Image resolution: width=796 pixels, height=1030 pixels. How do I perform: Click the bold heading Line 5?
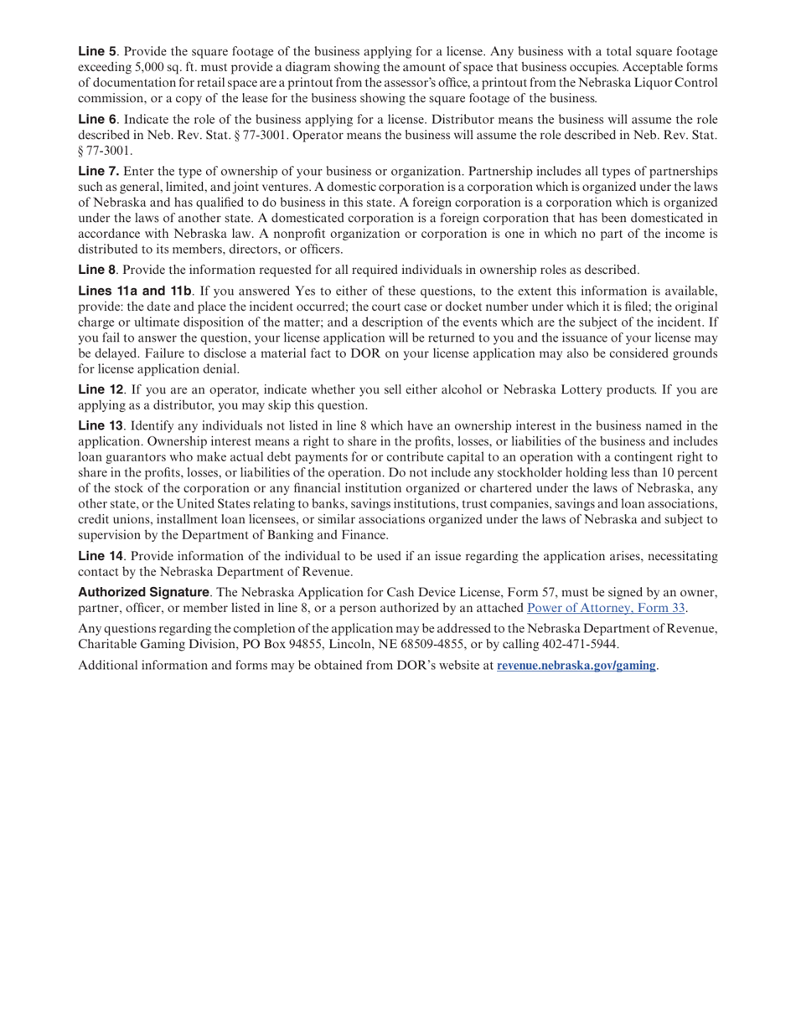click(97, 51)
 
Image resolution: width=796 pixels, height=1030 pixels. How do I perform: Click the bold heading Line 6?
click(97, 119)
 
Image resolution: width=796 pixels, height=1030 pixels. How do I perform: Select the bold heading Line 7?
click(98, 171)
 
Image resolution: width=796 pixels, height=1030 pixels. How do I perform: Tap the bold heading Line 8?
click(97, 270)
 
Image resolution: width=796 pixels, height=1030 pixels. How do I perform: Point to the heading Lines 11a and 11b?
click(134, 291)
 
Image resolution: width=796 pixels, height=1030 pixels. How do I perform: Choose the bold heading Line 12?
click(101, 389)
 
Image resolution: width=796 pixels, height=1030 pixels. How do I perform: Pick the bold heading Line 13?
click(101, 425)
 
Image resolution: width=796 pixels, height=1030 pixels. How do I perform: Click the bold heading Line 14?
click(101, 556)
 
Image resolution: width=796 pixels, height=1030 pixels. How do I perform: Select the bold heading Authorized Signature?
click(143, 592)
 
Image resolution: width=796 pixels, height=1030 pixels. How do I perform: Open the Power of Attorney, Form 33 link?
click(606, 608)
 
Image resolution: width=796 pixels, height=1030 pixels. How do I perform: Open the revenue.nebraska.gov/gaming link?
click(576, 666)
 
